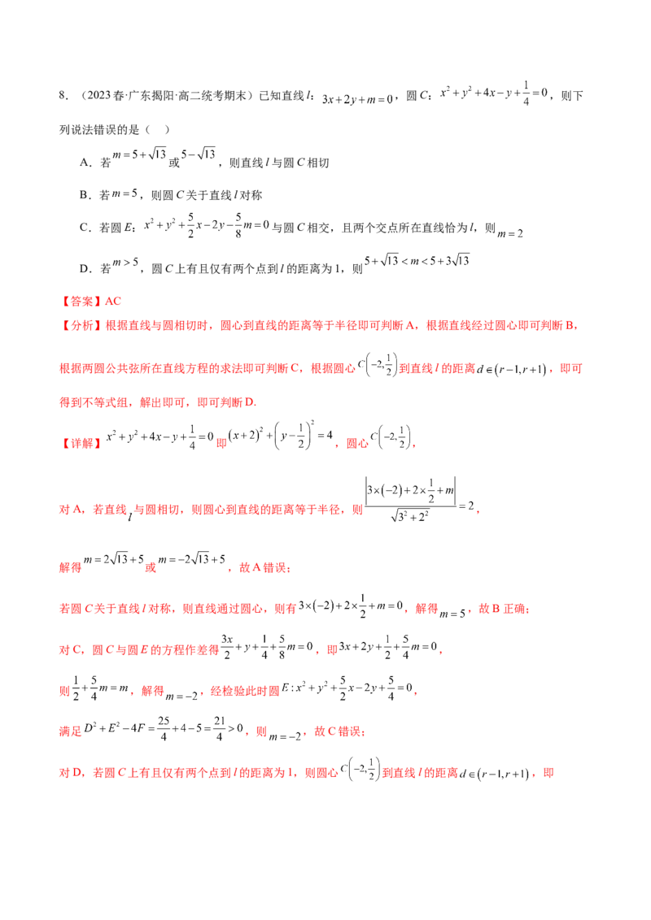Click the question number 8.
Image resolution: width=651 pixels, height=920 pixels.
click(63, 96)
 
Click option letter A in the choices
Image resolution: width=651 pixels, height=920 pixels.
click(84, 163)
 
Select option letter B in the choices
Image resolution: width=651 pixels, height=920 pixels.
click(84, 195)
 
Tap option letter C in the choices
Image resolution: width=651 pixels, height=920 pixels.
click(84, 228)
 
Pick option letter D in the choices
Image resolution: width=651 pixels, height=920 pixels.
click(84, 269)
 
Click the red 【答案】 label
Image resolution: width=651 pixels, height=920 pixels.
click(81, 302)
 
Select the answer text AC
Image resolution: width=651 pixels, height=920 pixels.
click(113, 302)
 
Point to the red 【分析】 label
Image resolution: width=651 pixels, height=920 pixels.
click(81, 326)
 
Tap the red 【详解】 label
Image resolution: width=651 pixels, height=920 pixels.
click(81, 443)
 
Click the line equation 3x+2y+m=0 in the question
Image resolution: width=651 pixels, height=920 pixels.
click(357, 99)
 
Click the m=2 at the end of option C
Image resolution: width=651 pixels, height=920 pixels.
click(510, 233)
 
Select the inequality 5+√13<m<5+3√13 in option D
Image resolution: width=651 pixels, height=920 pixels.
click(417, 261)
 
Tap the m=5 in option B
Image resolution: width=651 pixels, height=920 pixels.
click(125, 193)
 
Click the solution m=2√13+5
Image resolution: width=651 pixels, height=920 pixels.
click(113, 559)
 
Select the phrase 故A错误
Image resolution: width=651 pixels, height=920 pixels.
click(264, 567)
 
